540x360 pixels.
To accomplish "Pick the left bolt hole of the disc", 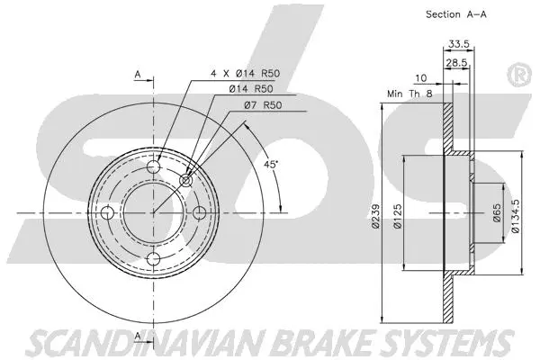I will tap(107, 212).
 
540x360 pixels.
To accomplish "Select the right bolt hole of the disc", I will tap(199, 212).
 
